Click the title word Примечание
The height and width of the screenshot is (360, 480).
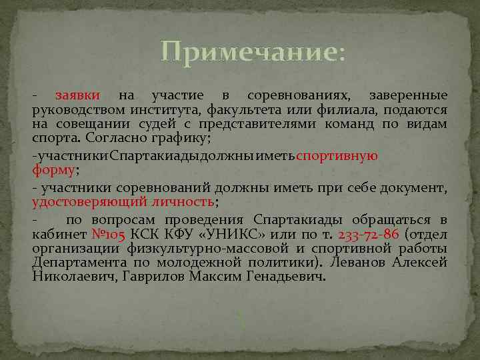point(250,52)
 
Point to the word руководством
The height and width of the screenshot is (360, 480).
point(71,110)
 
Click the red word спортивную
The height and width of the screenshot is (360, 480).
point(337,156)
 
